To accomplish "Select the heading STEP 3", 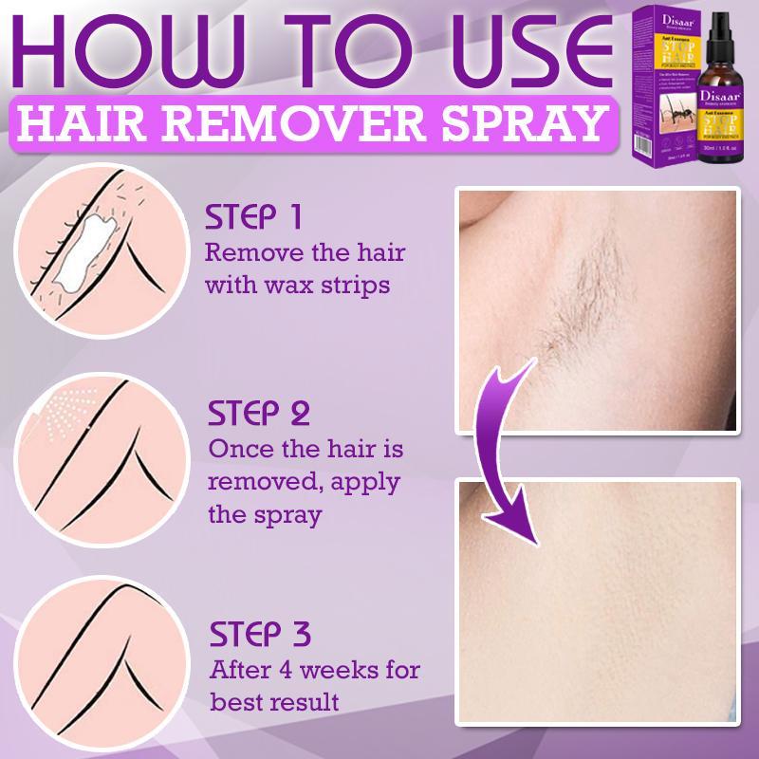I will point(257,634).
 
